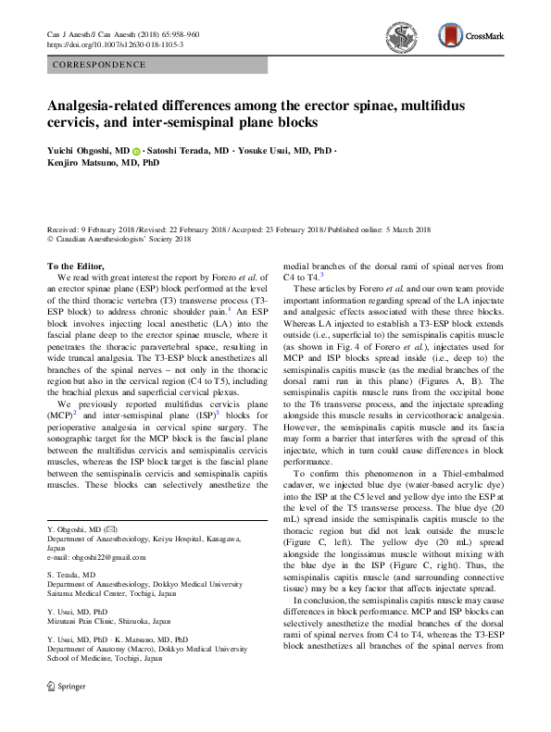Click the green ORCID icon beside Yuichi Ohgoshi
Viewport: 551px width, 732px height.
point(136,149)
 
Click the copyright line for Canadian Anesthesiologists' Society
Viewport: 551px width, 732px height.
point(121,240)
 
